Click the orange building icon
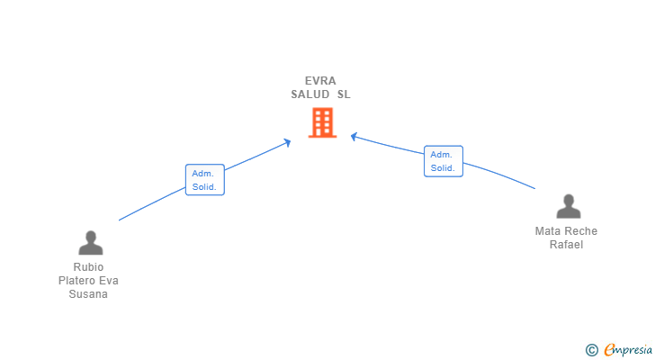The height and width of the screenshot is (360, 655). [x=322, y=122]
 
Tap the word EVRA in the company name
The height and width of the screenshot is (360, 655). [x=320, y=81]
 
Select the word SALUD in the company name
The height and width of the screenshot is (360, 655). [x=310, y=94]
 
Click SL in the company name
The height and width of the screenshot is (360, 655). [x=344, y=94]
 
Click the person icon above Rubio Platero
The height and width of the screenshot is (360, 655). [x=91, y=243]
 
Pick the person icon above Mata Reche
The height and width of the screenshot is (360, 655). [x=569, y=206]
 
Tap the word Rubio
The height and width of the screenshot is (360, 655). [x=88, y=267]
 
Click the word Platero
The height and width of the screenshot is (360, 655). [x=76, y=281]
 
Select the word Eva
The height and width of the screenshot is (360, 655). [x=109, y=281]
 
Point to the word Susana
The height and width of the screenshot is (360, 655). [x=88, y=294]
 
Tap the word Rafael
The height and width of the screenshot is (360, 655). [x=566, y=245]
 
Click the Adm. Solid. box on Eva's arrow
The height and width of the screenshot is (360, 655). [x=205, y=180]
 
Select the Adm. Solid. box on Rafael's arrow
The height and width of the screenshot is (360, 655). [x=444, y=161]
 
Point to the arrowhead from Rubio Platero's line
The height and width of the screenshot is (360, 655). [x=287, y=143]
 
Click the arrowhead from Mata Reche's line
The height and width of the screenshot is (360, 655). [x=354, y=137]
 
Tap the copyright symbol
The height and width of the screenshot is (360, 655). [x=591, y=350]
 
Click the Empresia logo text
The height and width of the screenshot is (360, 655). [x=628, y=350]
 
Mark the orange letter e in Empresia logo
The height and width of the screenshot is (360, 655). [x=609, y=350]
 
